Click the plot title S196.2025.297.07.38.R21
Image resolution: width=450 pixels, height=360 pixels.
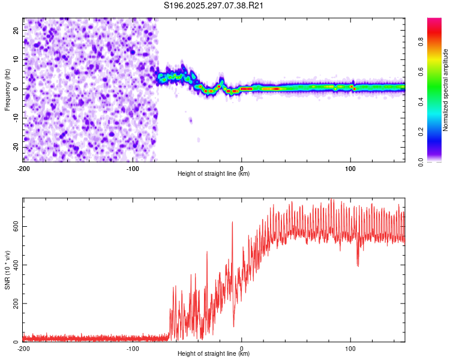(214, 6)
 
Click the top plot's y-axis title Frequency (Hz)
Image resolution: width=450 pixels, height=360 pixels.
(7, 90)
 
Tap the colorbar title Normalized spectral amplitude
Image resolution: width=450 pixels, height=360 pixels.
(446, 90)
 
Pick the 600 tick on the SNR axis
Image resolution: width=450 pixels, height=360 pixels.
(14, 226)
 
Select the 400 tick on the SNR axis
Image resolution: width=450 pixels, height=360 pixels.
(14, 265)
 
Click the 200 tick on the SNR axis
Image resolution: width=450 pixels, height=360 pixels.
(14, 303)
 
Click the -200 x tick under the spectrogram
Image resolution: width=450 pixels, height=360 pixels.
(23, 169)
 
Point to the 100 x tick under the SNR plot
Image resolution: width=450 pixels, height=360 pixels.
(350, 349)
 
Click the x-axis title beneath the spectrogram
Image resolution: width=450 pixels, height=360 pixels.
(214, 174)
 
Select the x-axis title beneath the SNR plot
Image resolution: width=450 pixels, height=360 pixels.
(214, 354)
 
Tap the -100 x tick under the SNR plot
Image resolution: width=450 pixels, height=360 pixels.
(133, 349)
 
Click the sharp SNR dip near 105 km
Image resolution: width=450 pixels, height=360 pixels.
(358, 265)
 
